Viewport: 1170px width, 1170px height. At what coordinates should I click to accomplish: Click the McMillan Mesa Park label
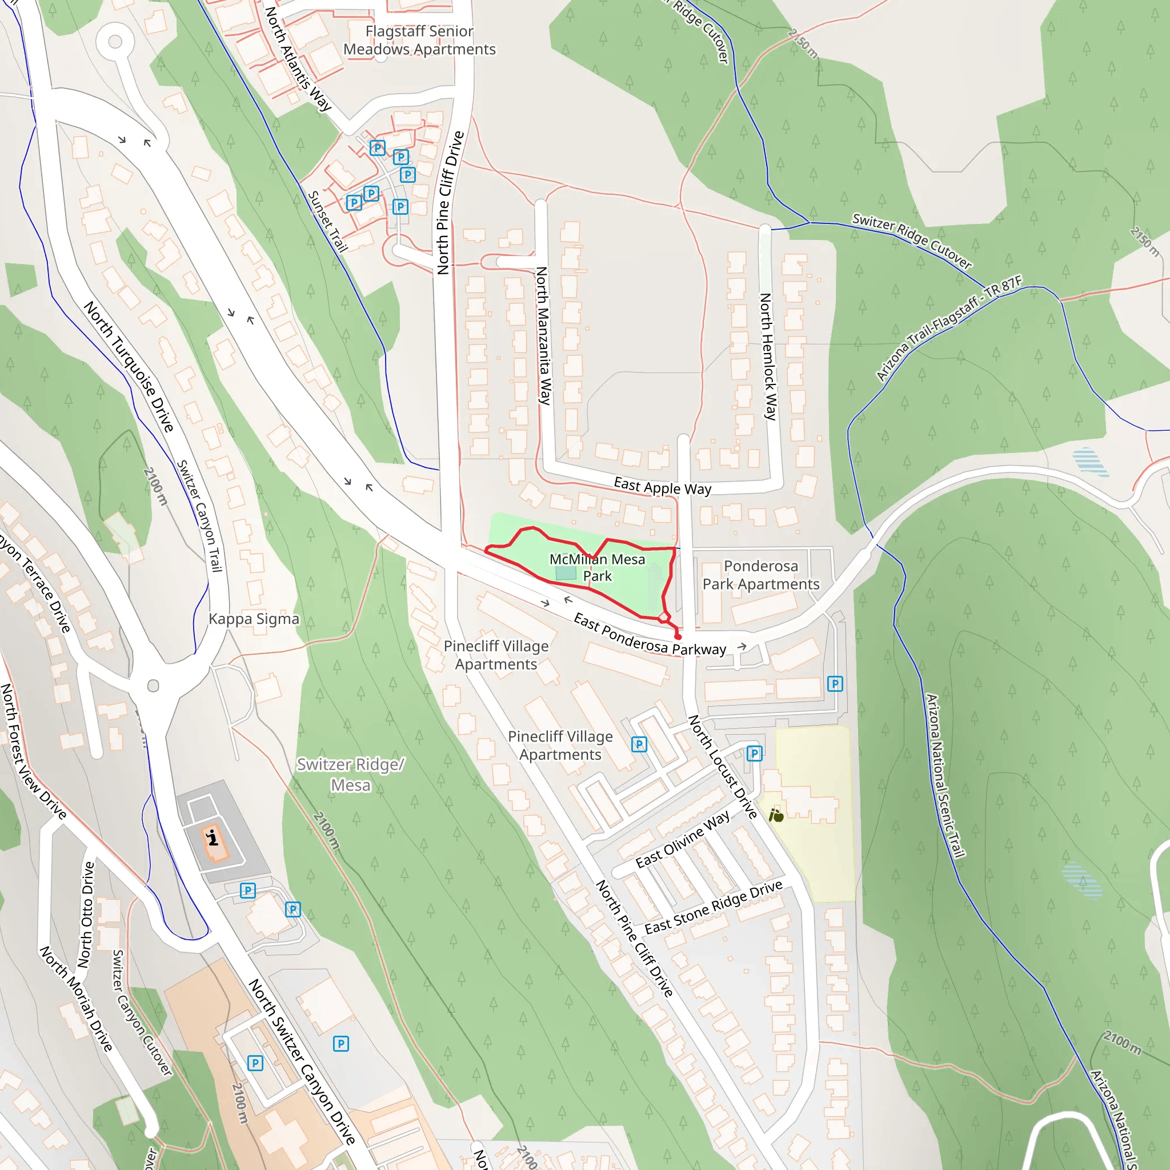pos(596,567)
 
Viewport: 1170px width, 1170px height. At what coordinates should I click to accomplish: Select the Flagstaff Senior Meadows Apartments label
pos(419,40)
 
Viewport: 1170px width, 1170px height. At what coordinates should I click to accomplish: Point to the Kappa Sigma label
pos(254,619)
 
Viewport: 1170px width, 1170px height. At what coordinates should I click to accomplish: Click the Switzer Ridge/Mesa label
pos(351,775)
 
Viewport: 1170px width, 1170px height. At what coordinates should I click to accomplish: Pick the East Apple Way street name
pos(662,486)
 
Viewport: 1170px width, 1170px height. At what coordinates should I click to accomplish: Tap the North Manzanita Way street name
pos(543,335)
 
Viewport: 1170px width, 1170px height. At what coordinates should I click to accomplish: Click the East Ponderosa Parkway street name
pos(649,635)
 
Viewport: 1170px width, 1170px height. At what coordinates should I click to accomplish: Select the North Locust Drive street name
pos(723,767)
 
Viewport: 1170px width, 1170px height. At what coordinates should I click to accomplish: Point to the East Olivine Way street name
pos(683,840)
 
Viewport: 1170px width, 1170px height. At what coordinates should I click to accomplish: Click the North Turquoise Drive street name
pos(129,366)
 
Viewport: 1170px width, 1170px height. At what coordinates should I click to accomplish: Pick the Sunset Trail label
pos(327,222)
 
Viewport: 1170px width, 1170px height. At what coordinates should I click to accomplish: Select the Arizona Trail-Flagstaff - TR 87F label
pos(948,327)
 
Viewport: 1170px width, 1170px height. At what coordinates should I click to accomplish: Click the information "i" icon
pos(213,839)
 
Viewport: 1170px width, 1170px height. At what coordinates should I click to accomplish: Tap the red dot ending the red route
pos(678,636)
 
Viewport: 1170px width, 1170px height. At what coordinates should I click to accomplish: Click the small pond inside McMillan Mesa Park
pos(566,573)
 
